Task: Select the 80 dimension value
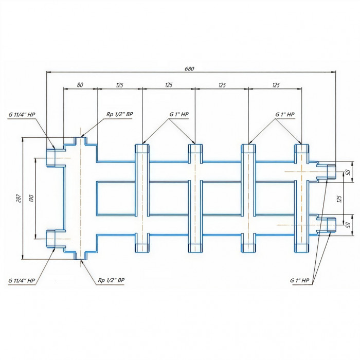pos(80,85)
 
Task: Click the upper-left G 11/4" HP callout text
pos(22,115)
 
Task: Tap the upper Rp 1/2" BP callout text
pos(119,115)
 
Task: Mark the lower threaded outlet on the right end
pos(329,226)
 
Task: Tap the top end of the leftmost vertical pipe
pos(142,150)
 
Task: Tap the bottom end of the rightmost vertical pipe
pos(301,247)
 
